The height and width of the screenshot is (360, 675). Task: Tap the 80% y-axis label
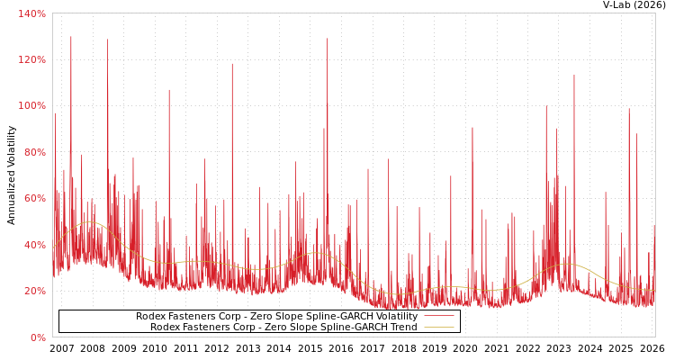click(34, 152)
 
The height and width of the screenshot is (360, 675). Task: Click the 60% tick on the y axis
click(34, 198)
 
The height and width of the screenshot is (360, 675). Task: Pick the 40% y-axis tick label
click(34, 245)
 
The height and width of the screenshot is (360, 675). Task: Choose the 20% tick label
click(34, 291)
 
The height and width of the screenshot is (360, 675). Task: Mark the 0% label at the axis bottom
click(38, 337)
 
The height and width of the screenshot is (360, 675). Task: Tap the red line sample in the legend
click(438, 316)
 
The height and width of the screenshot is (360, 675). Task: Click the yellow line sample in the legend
click(438, 327)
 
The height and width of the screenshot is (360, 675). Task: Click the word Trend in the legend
click(402, 327)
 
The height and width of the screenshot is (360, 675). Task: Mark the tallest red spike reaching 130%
click(71, 38)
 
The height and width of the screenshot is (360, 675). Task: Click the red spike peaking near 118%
click(232, 65)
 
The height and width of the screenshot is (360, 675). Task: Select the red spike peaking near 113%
click(574, 76)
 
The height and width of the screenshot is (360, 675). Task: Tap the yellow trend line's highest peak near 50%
click(87, 221)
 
